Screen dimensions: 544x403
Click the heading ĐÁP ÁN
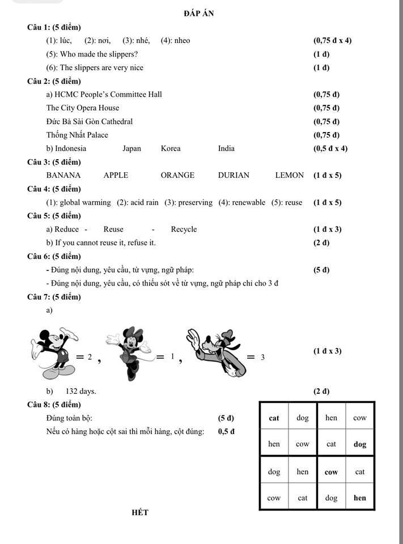tap(199, 13)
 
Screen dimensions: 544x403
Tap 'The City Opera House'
tap(83, 108)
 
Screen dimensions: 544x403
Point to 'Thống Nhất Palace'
tap(77, 135)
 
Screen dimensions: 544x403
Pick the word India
tap(226, 148)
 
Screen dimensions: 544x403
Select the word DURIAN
tap(234, 175)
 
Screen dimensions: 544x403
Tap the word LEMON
tap(289, 175)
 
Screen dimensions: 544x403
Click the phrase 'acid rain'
tap(145, 202)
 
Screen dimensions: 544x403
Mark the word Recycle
tap(184, 229)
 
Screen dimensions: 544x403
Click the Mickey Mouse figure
tap(54, 351)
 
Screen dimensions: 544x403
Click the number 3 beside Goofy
tap(262, 358)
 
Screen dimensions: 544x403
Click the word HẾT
tap(139, 512)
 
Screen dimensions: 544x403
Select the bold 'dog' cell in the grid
tap(360, 445)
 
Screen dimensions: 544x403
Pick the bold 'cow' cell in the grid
tap(331, 471)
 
